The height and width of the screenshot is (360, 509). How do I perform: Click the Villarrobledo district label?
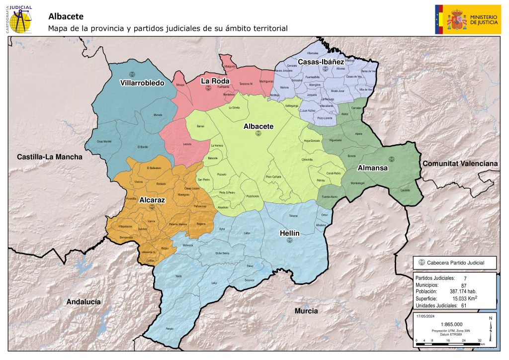(x=142, y=83)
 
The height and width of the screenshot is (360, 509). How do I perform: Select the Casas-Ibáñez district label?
(x=321, y=62)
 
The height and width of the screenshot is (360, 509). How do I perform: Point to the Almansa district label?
(x=372, y=168)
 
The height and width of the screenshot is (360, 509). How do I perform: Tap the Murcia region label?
(x=305, y=311)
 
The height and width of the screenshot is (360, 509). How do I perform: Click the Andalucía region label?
(x=84, y=302)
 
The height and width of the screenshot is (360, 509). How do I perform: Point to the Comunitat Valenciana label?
(x=460, y=164)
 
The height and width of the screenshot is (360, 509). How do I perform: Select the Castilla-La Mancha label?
(x=50, y=157)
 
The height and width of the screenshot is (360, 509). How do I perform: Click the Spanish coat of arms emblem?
(x=456, y=19)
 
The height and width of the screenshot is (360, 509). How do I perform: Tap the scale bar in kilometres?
(x=449, y=344)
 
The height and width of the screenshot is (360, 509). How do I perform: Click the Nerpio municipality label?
(x=170, y=329)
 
